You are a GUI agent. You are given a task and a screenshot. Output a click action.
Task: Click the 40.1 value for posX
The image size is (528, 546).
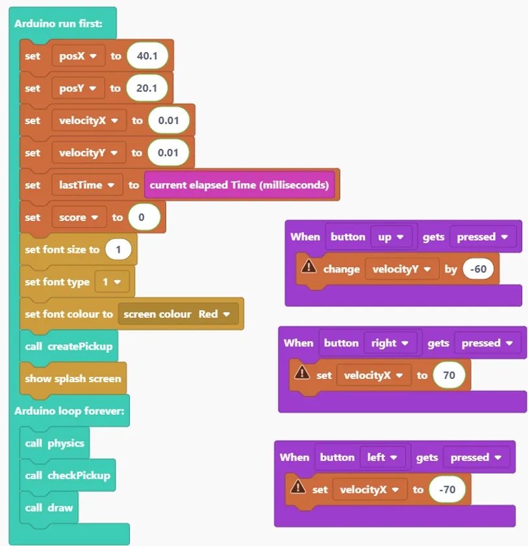[147, 56]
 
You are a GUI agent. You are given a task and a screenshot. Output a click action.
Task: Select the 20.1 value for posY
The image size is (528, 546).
[147, 88]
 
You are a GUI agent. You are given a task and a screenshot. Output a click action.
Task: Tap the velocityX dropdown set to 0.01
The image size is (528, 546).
[89, 120]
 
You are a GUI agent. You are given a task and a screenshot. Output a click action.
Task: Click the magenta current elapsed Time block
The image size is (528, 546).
[239, 185]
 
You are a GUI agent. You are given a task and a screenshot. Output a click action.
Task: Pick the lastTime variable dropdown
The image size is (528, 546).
[87, 185]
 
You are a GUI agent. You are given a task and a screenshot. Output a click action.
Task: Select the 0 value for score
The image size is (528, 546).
[144, 217]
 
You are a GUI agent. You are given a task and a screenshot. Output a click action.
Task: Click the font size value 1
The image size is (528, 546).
[118, 250]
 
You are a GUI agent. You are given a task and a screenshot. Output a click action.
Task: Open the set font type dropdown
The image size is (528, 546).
[112, 281]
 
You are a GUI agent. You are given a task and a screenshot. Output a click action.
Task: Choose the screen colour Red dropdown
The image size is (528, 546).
[178, 314]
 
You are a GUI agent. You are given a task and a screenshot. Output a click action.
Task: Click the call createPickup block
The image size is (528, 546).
[69, 346]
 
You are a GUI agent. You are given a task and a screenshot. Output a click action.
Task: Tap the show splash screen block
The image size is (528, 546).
[73, 379]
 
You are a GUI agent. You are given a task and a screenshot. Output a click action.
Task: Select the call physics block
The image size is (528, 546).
[55, 443]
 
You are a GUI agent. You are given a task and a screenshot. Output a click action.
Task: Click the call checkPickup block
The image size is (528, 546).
[68, 475]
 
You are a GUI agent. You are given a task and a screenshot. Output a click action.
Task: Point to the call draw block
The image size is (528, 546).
[49, 508]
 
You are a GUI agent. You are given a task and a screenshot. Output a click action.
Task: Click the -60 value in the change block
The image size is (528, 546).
[478, 269]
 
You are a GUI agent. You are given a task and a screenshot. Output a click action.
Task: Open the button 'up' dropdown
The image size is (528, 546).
[392, 237]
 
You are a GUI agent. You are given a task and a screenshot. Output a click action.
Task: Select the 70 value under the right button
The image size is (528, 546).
[449, 375]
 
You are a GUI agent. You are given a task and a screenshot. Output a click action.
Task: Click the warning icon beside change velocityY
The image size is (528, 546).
[309, 267]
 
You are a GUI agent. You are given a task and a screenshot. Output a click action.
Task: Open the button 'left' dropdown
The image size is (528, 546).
[383, 457]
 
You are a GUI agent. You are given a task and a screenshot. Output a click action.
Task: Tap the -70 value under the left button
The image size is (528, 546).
[447, 489]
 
